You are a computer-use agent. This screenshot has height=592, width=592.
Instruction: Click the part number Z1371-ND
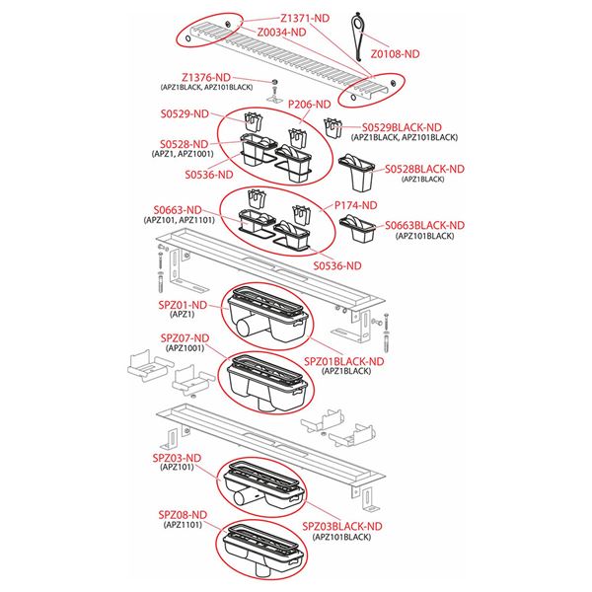tap(305, 18)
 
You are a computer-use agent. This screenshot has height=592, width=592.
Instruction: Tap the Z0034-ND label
tap(281, 33)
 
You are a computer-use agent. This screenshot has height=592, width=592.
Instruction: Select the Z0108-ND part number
tap(395, 54)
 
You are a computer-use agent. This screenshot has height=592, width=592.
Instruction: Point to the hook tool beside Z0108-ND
tap(357, 37)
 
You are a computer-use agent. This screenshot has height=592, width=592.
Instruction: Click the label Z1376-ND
tap(206, 77)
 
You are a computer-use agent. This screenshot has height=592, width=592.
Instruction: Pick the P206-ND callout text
tap(309, 105)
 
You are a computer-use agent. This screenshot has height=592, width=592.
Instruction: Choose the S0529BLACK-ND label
tap(402, 127)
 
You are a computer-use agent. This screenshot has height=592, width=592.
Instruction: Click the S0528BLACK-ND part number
tap(424, 169)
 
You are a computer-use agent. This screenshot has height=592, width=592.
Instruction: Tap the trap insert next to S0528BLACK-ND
tap(356, 172)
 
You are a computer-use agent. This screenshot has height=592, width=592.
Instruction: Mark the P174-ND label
tap(356, 205)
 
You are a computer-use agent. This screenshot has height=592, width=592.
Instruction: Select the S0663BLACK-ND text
tap(424, 226)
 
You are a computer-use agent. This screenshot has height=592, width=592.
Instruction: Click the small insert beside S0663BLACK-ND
tap(357, 229)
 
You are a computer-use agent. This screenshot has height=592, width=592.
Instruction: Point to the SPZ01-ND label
tap(183, 305)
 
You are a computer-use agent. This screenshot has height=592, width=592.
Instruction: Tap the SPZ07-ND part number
tap(185, 338)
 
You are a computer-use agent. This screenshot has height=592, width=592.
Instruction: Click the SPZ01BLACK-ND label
tap(344, 361)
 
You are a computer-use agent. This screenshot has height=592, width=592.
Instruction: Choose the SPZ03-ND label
tap(177, 458)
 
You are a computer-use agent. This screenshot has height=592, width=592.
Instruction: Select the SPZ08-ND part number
tap(183, 515)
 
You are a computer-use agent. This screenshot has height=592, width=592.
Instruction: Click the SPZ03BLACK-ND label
tap(342, 526)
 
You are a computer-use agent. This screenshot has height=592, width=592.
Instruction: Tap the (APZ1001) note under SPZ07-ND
tap(185, 348)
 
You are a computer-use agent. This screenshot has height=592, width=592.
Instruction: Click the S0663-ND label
tap(178, 210)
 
